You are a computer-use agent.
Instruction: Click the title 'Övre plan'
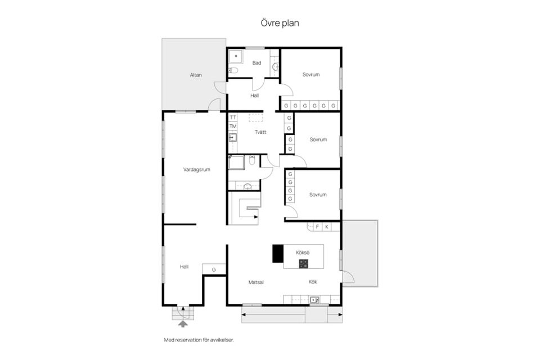(280, 23)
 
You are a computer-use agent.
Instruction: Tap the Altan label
(196, 75)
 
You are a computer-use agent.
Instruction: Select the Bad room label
(256, 62)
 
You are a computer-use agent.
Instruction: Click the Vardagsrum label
(197, 169)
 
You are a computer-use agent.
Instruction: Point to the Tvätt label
(260, 132)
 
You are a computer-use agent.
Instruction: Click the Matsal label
(256, 282)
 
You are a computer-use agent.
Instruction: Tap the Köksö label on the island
(303, 253)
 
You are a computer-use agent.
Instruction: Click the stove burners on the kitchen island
(303, 264)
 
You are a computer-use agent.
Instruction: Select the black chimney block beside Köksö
(278, 254)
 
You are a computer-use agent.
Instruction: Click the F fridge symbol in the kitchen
(317, 227)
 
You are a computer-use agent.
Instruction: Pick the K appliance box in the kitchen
(326, 227)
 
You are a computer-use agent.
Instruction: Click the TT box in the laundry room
(233, 118)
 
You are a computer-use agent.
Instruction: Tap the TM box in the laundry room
(233, 127)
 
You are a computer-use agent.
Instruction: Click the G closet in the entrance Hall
(214, 269)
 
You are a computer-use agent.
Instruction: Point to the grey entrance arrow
(183, 323)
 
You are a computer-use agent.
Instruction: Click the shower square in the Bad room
(236, 56)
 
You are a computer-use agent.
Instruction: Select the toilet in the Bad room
(233, 71)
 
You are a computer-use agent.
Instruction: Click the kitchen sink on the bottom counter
(315, 300)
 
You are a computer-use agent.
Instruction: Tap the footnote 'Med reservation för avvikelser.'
(199, 340)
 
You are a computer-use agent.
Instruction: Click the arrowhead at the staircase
(256, 217)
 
